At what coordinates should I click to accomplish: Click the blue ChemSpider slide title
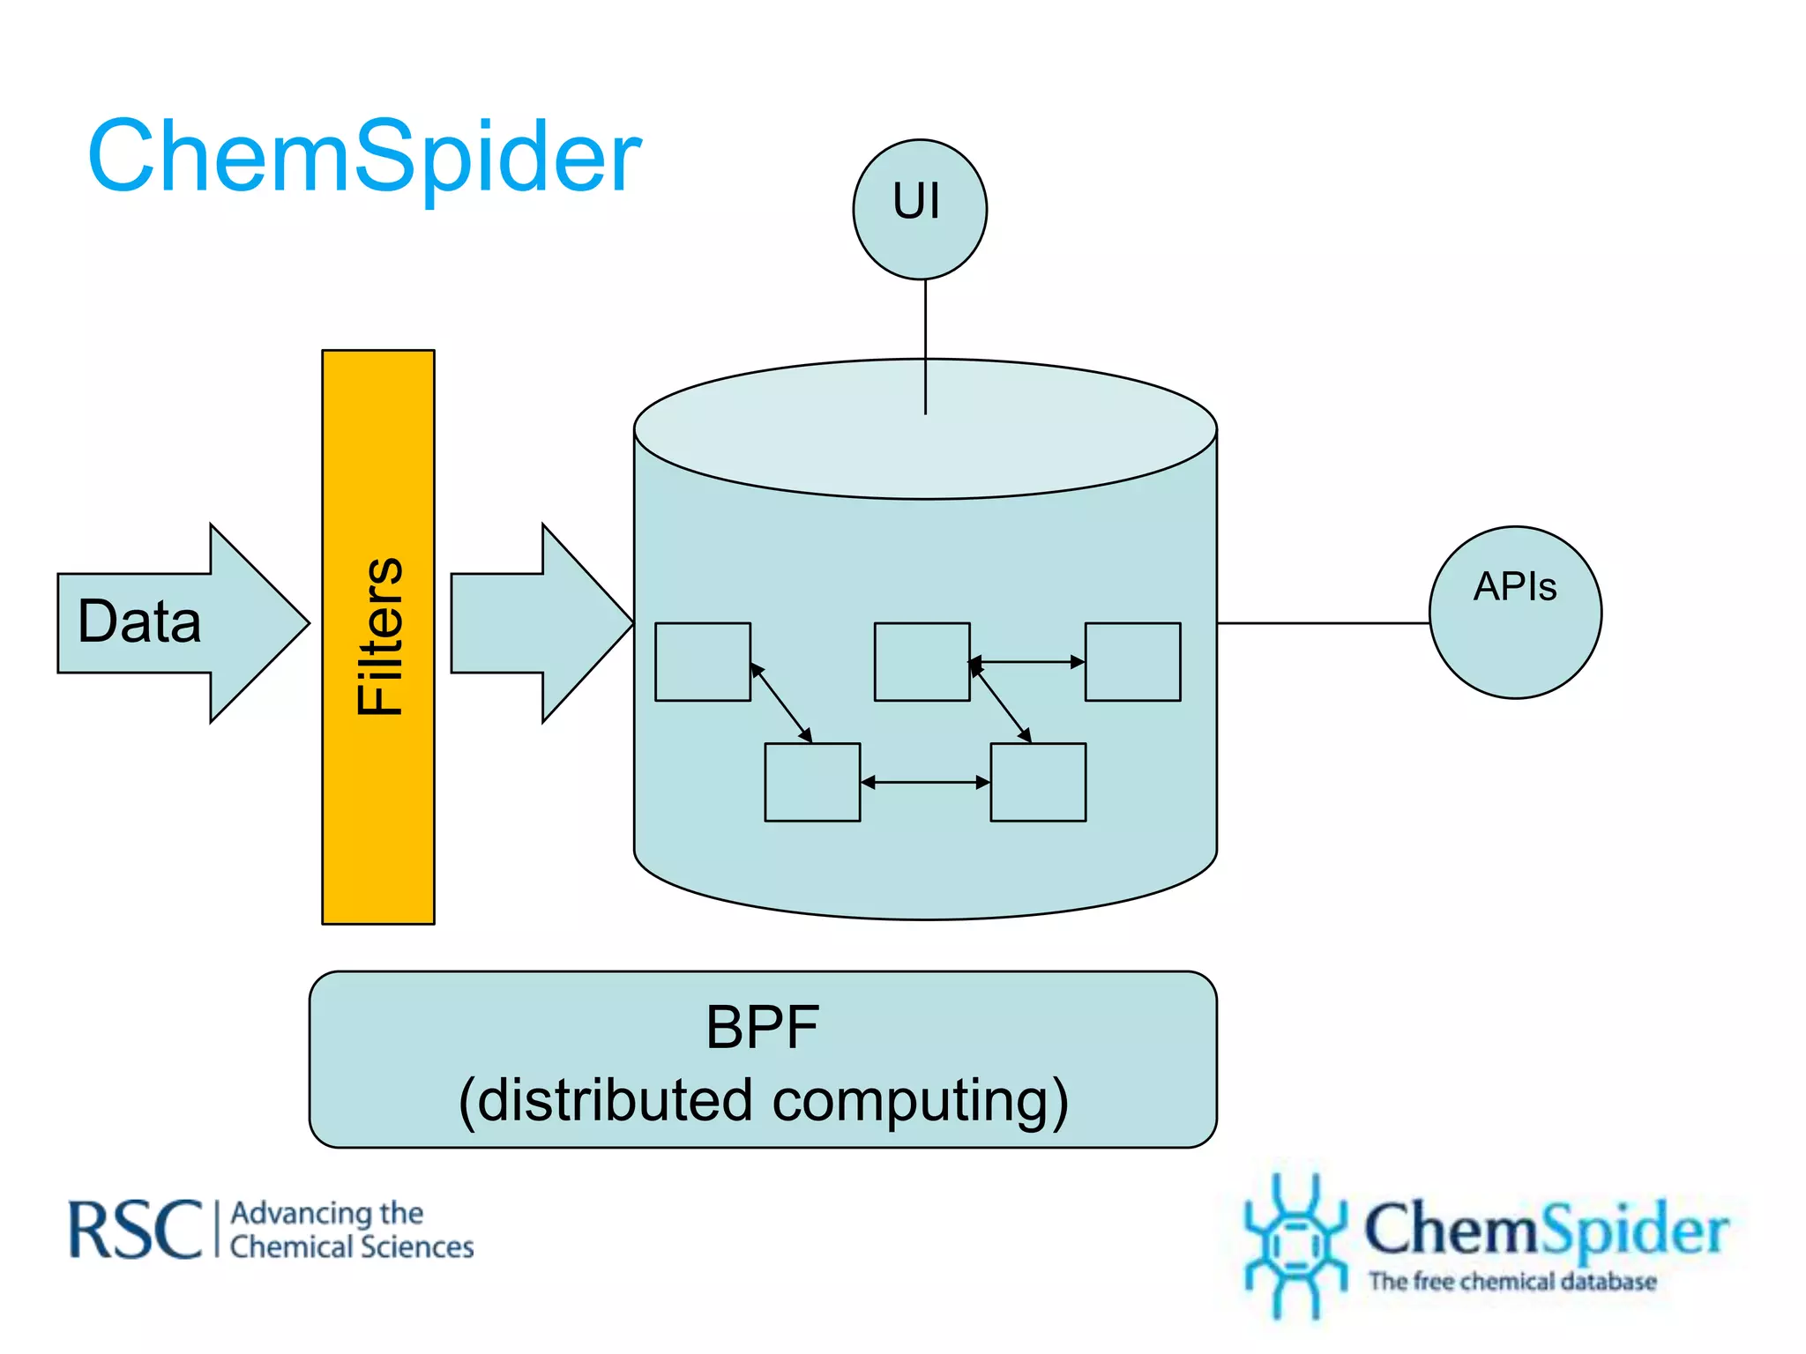[364, 157]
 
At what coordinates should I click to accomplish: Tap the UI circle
[920, 209]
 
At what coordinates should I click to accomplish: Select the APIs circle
[1515, 613]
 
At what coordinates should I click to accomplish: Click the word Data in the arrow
[139, 621]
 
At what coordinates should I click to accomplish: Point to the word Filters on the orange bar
[379, 636]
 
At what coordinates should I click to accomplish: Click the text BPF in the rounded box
[763, 1028]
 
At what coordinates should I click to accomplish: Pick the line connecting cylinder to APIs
[1323, 623]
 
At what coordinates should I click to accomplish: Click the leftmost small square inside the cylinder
[703, 662]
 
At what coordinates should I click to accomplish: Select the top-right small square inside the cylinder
[1132, 662]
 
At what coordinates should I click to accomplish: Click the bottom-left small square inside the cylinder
[812, 782]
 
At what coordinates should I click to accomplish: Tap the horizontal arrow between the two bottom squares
[925, 782]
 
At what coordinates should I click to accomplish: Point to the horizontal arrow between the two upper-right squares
[1027, 661]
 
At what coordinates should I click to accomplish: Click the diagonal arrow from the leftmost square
[781, 703]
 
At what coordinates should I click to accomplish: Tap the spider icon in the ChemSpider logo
[1294, 1243]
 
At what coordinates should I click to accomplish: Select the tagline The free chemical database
[1512, 1281]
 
